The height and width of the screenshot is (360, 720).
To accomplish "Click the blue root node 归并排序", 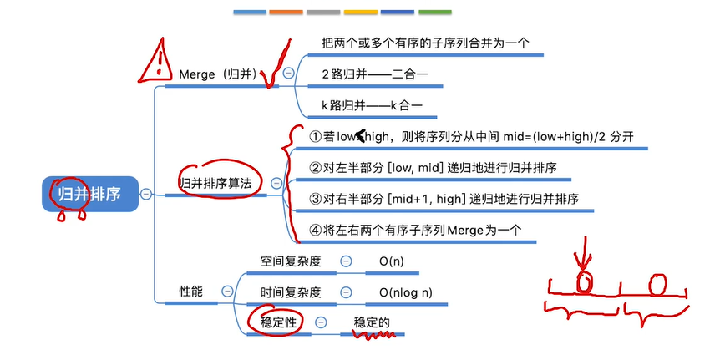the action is (x=89, y=195).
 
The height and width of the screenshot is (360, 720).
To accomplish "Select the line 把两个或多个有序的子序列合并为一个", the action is (x=425, y=43).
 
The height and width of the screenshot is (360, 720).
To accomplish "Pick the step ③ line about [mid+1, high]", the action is (x=444, y=199).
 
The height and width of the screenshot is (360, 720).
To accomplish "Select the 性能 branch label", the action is (x=191, y=291).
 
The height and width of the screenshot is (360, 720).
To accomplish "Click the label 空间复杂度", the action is (x=284, y=261).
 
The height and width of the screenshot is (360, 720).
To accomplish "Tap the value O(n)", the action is (x=391, y=261).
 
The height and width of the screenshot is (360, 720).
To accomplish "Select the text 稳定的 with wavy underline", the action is (x=372, y=322).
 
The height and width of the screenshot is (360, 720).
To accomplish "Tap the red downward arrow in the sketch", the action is (x=586, y=252).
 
